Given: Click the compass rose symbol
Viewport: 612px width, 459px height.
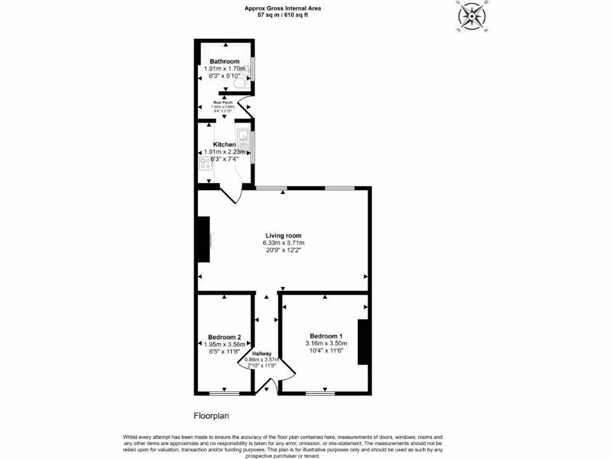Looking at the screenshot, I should pyautogui.click(x=472, y=16).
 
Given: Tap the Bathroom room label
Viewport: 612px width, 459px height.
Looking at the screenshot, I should pyautogui.click(x=225, y=62).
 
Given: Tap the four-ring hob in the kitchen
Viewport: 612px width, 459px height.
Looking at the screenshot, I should pyautogui.click(x=206, y=163).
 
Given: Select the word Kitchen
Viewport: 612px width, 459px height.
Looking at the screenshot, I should pyautogui.click(x=225, y=145).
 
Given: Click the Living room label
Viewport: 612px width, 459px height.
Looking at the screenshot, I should pyautogui.click(x=284, y=235).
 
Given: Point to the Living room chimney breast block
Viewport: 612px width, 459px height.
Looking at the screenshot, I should pyautogui.click(x=204, y=239).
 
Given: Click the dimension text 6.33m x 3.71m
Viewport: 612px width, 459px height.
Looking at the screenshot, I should pyautogui.click(x=284, y=243).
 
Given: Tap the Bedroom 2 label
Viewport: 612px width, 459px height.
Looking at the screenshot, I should pyautogui.click(x=225, y=337).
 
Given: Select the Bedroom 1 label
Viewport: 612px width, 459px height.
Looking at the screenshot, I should pyautogui.click(x=326, y=335).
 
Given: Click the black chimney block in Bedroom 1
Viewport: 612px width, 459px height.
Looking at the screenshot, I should pyautogui.click(x=362, y=342).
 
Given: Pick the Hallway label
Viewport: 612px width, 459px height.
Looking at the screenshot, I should pyautogui.click(x=261, y=354).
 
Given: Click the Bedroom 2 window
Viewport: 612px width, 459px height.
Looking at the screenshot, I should pyautogui.click(x=225, y=393).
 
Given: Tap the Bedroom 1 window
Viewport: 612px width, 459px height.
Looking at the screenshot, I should pyautogui.click(x=320, y=393).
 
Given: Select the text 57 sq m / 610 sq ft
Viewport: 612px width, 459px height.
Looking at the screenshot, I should pyautogui.click(x=283, y=15).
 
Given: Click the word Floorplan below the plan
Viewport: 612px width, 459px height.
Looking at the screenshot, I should pyautogui.click(x=212, y=415).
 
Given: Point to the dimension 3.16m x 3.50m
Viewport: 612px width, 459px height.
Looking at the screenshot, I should pyautogui.click(x=326, y=343).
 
